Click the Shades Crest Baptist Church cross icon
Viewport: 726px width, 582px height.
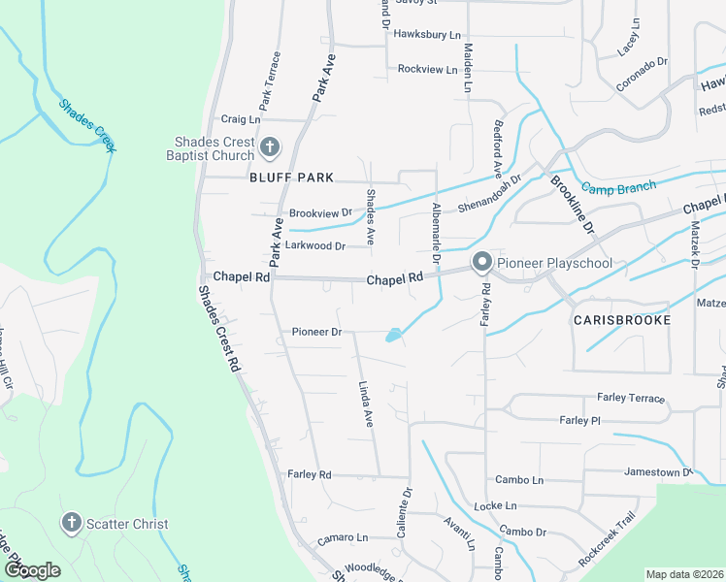coord(270,148)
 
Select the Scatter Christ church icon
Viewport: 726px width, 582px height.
coord(71,524)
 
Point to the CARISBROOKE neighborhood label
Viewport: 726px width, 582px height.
coord(621,319)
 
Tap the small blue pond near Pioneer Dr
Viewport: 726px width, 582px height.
coord(393,336)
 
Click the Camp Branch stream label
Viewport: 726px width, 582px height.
coord(618,186)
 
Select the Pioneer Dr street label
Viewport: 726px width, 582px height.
coord(317,332)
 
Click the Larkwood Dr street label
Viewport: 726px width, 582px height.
coord(315,246)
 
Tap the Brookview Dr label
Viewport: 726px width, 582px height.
coord(320,213)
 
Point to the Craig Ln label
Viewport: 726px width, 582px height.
coord(241,119)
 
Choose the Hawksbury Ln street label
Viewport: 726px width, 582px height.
coord(427,34)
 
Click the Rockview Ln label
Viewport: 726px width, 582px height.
coord(428,69)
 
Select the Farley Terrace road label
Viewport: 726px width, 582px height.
coord(631,399)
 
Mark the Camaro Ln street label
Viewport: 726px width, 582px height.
coord(343,537)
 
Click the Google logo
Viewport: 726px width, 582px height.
coord(31,570)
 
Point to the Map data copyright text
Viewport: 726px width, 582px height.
coord(684,574)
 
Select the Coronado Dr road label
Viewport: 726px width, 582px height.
coord(643,75)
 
